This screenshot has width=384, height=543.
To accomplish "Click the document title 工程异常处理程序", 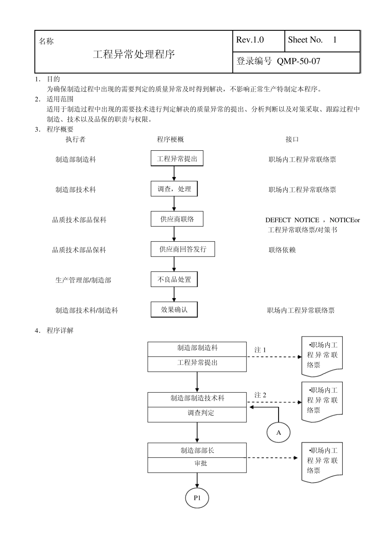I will point(134,55).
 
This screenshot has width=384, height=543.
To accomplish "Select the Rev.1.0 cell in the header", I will point(250,40).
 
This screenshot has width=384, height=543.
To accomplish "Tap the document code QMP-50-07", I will point(298,61).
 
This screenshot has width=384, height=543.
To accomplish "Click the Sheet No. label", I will point(306,40).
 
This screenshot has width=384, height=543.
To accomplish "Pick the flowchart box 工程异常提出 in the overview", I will point(177,159).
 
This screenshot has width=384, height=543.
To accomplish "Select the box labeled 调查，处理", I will point(174,189).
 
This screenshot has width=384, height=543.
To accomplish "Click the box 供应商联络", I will point(177,219).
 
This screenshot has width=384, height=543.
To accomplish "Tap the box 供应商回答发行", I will point(183,249).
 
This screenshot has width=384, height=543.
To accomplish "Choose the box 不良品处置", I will point(174,280).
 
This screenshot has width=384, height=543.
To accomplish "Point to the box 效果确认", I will point(174,310).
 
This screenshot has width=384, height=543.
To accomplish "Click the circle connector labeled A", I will point(279,433).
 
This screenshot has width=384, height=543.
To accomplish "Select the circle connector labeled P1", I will point(197,498).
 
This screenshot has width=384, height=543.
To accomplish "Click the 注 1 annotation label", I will point(260,350).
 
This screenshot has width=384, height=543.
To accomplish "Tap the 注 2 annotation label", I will point(260,395).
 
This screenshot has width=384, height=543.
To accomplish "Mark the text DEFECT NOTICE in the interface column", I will point(292,220).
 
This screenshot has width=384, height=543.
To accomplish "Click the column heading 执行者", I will point(76,139).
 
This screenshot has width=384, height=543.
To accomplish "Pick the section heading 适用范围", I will point(60,99).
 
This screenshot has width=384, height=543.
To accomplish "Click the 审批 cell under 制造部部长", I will point(197,464).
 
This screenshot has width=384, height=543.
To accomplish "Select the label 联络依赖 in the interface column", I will point(282,250).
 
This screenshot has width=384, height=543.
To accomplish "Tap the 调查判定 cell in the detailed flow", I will point(197,413).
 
